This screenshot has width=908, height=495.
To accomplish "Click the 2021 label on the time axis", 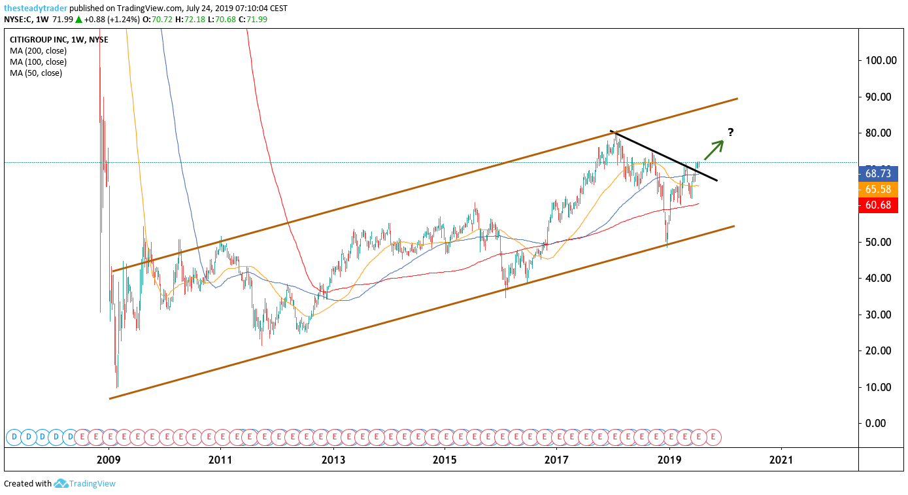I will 781,460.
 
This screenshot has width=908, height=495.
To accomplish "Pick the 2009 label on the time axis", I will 109,460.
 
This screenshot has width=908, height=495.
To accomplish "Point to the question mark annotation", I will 730,132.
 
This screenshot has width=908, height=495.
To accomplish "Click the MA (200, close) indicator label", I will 38,51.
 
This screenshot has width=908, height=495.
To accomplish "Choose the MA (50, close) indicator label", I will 36,73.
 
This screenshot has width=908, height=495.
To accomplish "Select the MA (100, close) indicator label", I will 38,62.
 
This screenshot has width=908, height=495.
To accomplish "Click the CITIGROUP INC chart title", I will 59,40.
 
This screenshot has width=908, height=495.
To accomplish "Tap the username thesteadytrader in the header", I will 35,8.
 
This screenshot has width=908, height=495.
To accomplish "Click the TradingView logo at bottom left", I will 84,484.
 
